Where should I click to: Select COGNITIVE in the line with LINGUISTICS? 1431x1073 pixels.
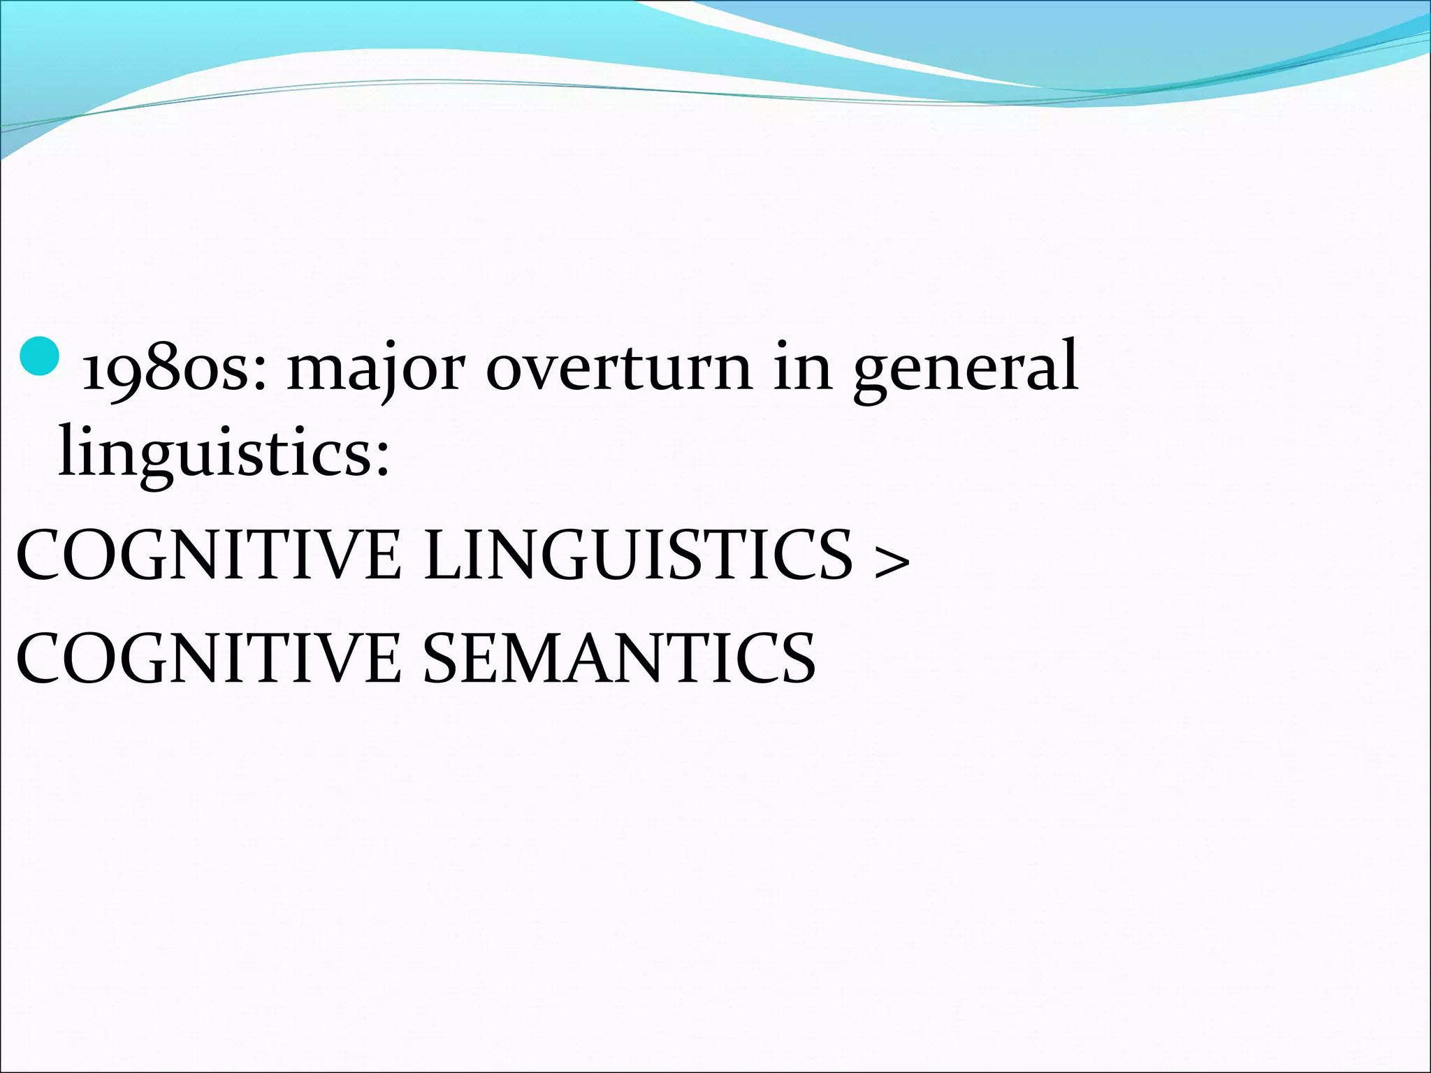[208, 555]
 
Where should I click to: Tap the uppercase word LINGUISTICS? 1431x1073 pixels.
[638, 555]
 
